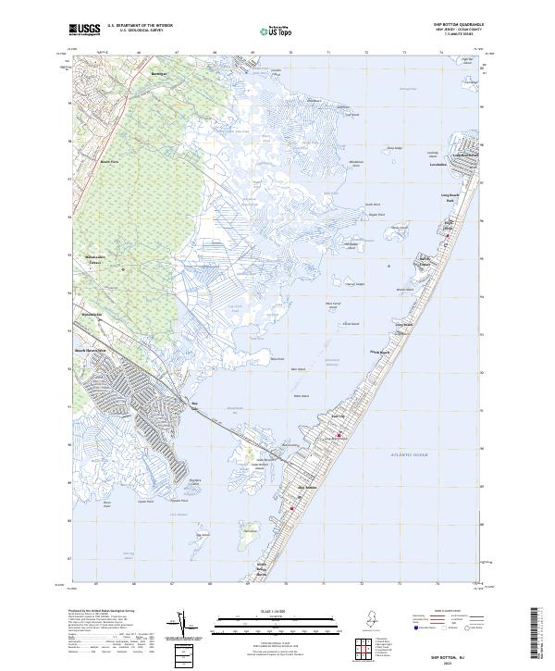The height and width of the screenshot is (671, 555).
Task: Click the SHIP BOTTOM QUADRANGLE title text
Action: (456, 24)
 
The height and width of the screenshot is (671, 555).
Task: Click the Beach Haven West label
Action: (91, 352)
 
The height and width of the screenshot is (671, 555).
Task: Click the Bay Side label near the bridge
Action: (194, 404)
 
